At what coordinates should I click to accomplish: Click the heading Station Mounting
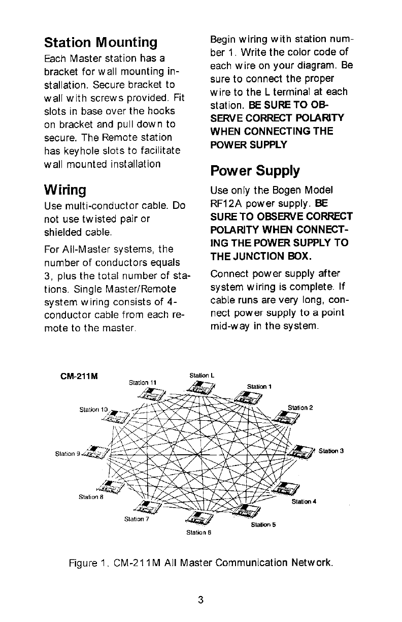(100, 41)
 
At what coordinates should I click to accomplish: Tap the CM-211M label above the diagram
(79, 377)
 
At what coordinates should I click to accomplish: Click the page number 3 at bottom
(201, 600)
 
